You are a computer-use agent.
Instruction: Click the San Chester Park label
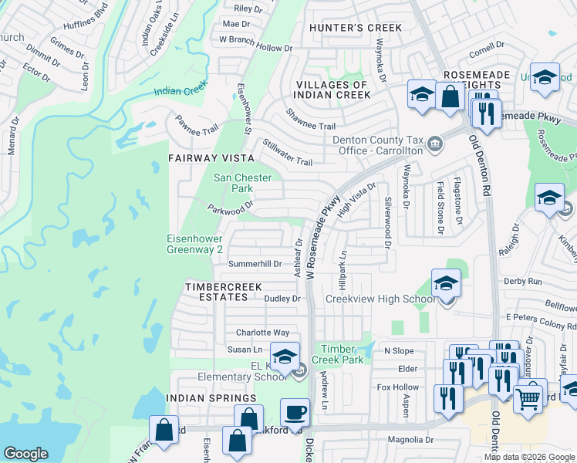pos(242,183)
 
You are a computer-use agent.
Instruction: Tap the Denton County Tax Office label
pos(378,145)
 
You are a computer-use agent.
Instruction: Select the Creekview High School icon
pos(446,284)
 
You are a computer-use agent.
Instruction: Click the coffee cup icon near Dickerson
pos(295,413)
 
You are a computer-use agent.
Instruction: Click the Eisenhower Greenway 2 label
pos(195,245)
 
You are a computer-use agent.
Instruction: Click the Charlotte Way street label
pos(262,333)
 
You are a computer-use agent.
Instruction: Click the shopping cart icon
pos(528,398)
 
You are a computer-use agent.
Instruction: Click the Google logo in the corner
pos(25,453)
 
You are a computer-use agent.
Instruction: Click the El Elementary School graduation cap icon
pos(284,357)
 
